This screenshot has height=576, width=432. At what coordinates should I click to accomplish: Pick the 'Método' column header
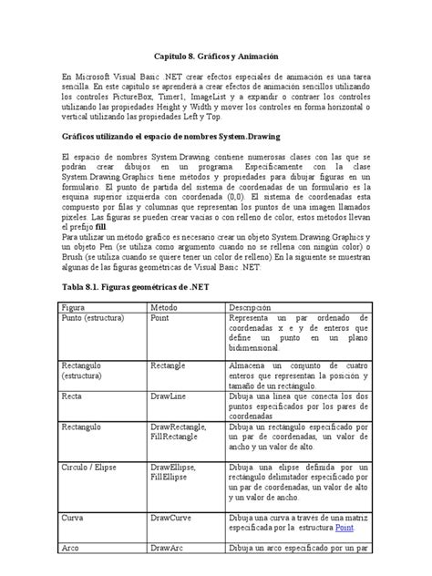(x=168, y=308)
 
